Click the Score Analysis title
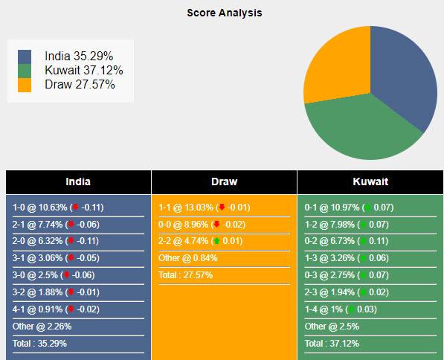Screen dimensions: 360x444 (224, 13)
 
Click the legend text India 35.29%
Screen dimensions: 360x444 (79, 57)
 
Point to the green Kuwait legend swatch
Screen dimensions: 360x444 (25, 71)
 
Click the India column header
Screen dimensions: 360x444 (78, 181)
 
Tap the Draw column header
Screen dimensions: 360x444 (224, 181)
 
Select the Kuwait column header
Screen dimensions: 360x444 (370, 181)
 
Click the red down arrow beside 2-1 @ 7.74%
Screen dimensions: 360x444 (71, 224)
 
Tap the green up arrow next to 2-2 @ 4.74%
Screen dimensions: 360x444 (216, 241)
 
